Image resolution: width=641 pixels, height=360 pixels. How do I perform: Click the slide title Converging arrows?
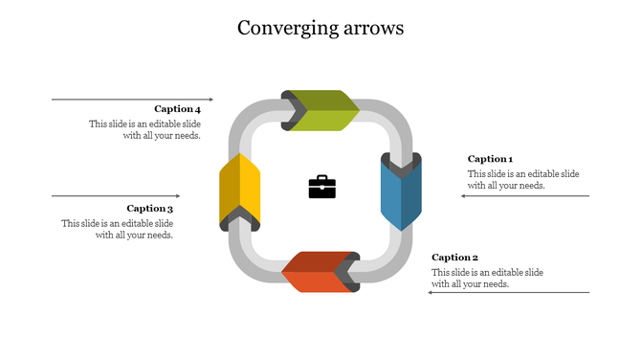[320, 28]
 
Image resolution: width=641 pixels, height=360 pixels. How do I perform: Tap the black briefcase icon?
[322, 187]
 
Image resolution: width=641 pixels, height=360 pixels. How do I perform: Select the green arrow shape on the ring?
[320, 110]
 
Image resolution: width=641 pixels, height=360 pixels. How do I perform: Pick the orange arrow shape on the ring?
[319, 272]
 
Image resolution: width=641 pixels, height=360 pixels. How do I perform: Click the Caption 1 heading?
[490, 159]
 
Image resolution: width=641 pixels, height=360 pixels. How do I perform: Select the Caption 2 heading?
[454, 258]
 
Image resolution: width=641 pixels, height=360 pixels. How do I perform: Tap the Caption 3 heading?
[150, 209]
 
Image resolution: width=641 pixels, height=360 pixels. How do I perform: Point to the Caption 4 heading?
[177, 109]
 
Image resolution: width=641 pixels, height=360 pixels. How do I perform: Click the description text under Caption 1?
[522, 180]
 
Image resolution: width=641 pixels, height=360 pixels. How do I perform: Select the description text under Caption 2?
[487, 279]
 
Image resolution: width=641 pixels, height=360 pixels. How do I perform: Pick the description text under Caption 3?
[118, 230]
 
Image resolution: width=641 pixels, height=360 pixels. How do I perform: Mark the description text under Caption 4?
[145, 130]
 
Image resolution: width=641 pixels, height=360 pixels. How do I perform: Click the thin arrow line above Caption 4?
[132, 99]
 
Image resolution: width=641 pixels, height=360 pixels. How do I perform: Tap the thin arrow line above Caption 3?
[115, 196]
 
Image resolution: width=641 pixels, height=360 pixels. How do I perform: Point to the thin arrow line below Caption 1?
[525, 196]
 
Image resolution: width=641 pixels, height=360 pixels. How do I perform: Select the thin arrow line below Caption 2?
[508, 293]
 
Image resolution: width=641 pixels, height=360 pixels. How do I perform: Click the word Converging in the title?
[283, 28]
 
